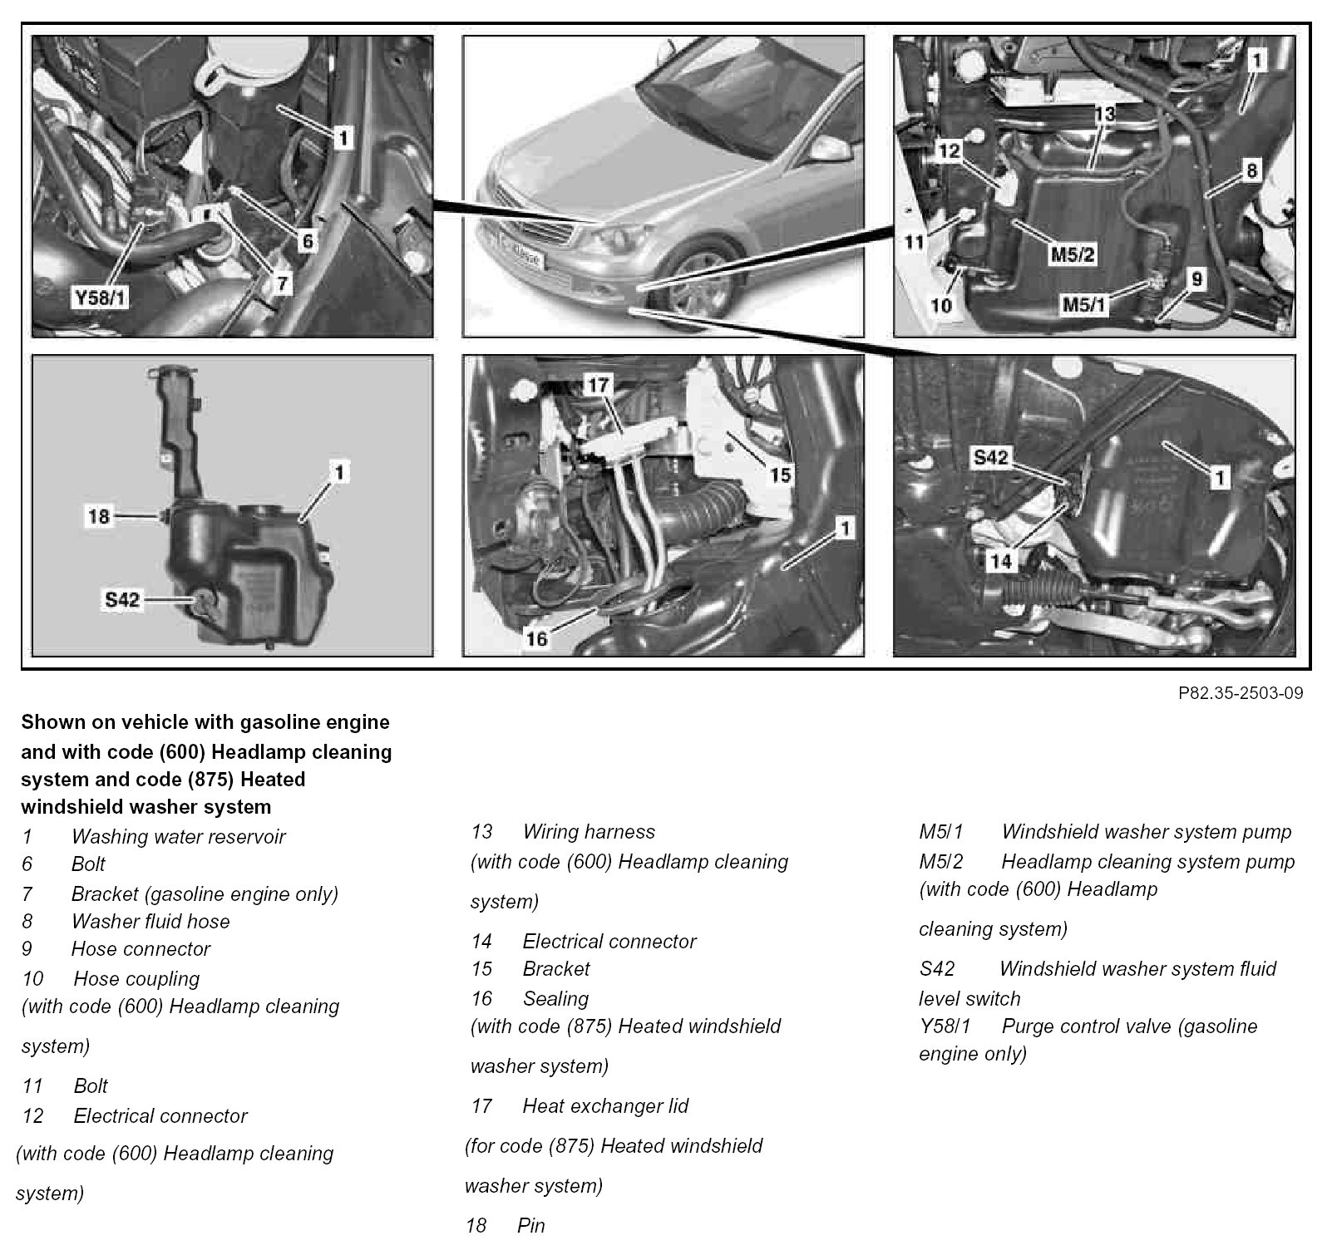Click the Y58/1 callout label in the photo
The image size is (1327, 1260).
[100, 298]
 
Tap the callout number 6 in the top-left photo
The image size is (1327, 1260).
[308, 241]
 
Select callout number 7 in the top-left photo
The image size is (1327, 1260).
[283, 284]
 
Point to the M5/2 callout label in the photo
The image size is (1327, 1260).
[1073, 254]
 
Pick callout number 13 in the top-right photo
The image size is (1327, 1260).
[1104, 114]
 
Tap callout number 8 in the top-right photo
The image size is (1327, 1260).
[1251, 171]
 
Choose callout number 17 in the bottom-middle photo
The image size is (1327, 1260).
[598, 385]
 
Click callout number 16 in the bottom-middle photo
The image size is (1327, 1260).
[537, 639]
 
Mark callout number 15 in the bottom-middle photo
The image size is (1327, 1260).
[780, 475]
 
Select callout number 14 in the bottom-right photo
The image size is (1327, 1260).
[1001, 561]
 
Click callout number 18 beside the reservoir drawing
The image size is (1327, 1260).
[99, 516]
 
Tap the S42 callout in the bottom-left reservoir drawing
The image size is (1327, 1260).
[121, 598]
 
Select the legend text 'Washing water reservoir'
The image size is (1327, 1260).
[178, 837]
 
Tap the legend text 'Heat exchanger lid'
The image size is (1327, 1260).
[605, 1106]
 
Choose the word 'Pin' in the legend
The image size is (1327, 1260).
[531, 1226]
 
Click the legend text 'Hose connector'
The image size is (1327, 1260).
[141, 949]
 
